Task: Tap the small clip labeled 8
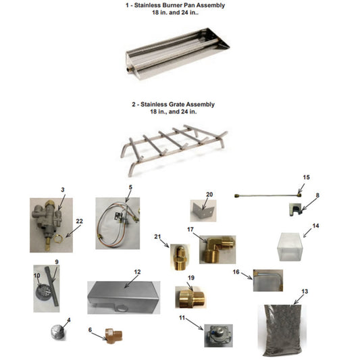pos(295,211)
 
